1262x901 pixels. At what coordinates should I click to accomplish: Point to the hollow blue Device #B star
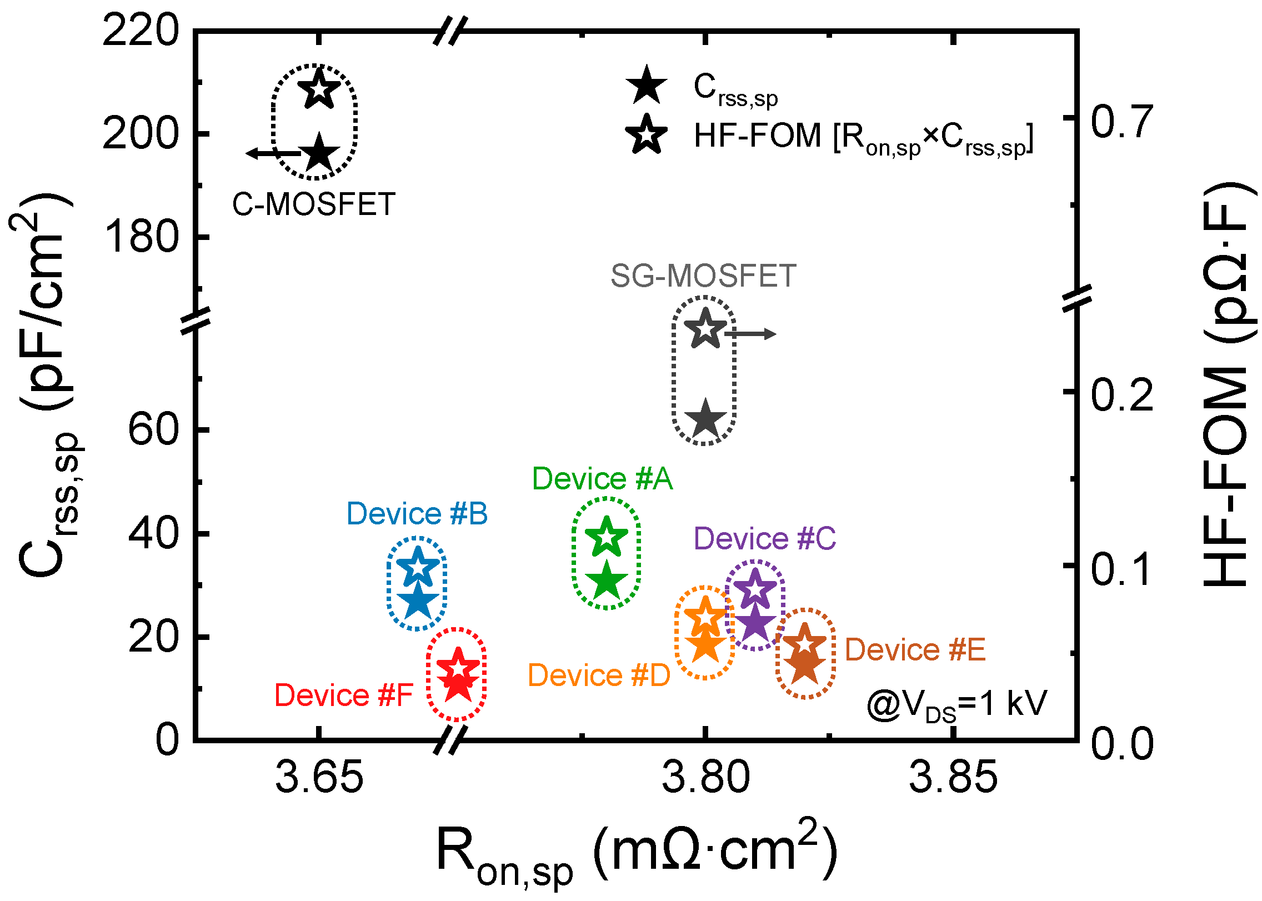(418, 567)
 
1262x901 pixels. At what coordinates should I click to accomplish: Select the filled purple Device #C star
(755, 623)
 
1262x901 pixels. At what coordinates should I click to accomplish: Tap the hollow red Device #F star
(458, 668)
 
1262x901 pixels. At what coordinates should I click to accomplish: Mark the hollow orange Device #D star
(705, 617)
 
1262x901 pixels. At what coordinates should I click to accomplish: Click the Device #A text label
(602, 479)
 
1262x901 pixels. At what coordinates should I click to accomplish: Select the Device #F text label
(344, 695)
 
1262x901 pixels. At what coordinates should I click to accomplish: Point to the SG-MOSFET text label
(703, 276)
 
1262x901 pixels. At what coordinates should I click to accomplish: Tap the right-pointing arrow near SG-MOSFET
(751, 334)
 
